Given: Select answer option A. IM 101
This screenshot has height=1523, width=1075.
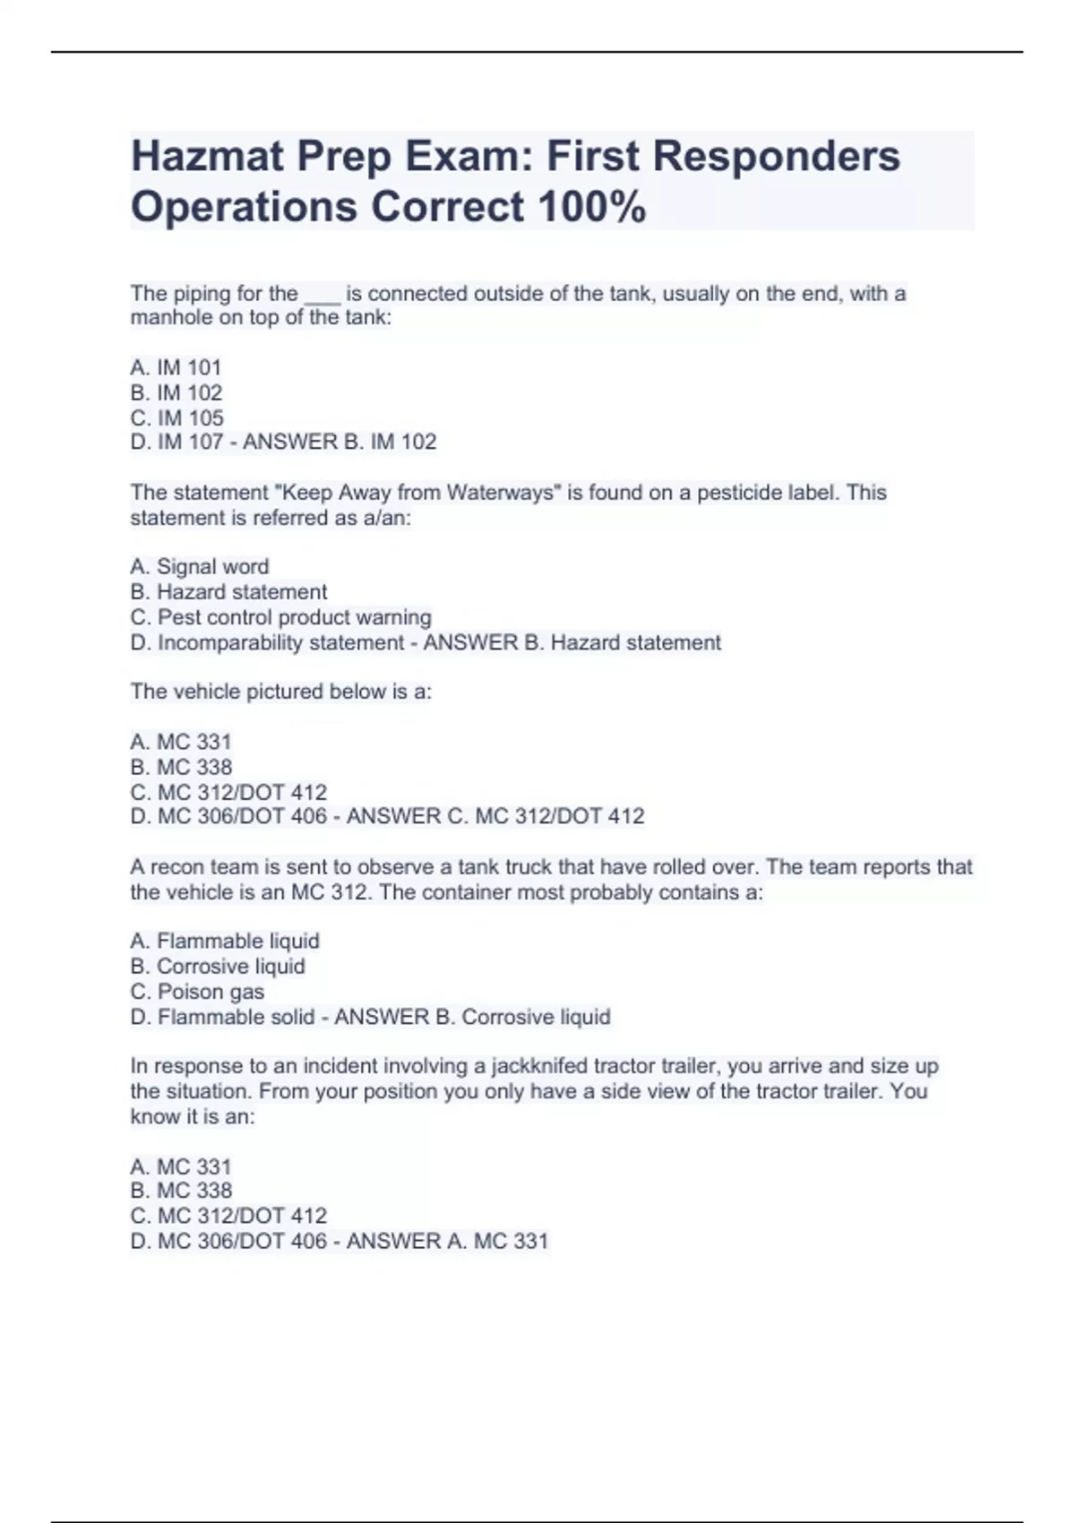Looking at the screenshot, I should click(x=176, y=367).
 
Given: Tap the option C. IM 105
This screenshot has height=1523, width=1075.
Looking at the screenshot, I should click(x=176, y=417).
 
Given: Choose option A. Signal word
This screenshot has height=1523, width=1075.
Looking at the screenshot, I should click(x=200, y=566).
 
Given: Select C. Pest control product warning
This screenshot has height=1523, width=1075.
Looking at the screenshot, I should click(x=280, y=617).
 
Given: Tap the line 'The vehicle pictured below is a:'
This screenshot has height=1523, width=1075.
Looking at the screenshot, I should click(x=280, y=692).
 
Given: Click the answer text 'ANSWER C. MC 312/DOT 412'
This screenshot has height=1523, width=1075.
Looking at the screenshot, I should click(x=495, y=816).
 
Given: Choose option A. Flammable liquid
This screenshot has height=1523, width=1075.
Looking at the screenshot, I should click(x=225, y=941).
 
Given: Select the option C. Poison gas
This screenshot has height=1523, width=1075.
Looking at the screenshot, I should click(x=197, y=992).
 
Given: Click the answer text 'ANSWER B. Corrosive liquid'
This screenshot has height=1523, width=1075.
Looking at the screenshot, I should click(x=472, y=1017).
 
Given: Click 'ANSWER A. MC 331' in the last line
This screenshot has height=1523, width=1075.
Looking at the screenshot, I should click(x=447, y=1241).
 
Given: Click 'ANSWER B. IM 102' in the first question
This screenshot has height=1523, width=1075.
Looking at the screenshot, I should click(x=340, y=442).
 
